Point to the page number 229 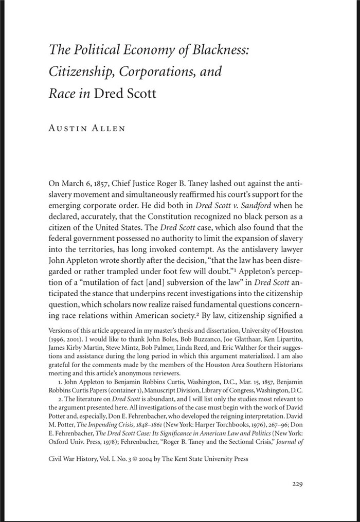[x=300, y=483]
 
